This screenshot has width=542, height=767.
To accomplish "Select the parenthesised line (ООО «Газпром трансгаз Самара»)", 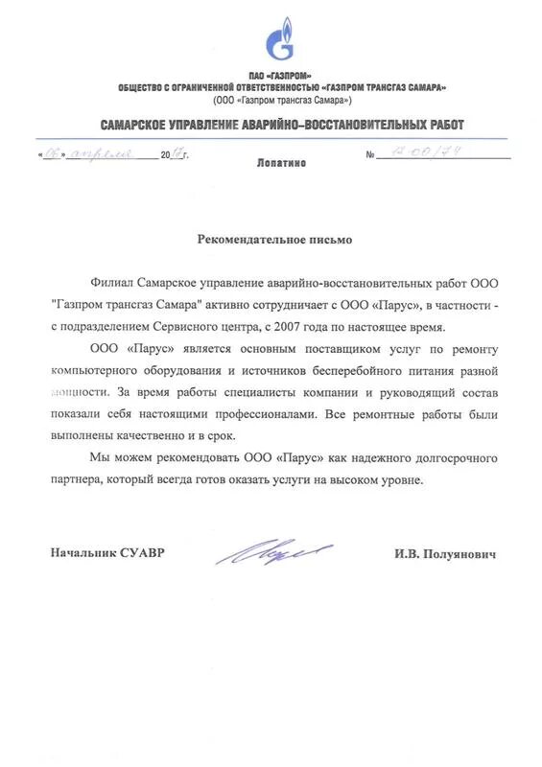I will point(282,100).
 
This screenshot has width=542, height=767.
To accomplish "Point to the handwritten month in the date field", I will point(106,152).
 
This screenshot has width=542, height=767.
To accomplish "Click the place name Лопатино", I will point(281,164).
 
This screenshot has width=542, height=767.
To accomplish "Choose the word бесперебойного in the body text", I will point(367,370).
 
